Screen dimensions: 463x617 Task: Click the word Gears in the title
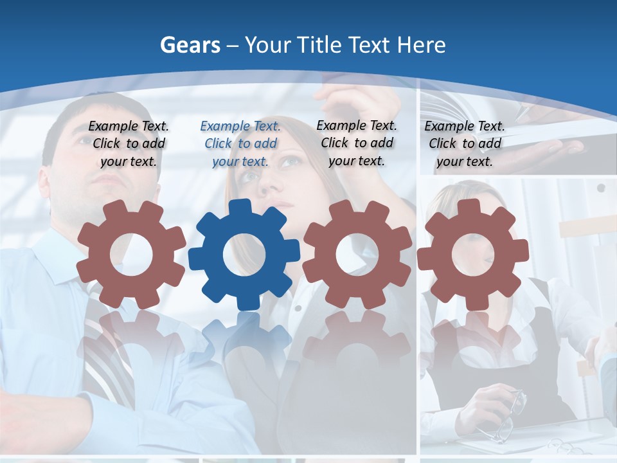[190, 45]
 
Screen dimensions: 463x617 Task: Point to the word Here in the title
[421, 45]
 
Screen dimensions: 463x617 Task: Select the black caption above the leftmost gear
[129, 144]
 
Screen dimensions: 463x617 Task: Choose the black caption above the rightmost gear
[465, 144]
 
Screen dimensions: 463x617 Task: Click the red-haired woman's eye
[291, 161]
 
